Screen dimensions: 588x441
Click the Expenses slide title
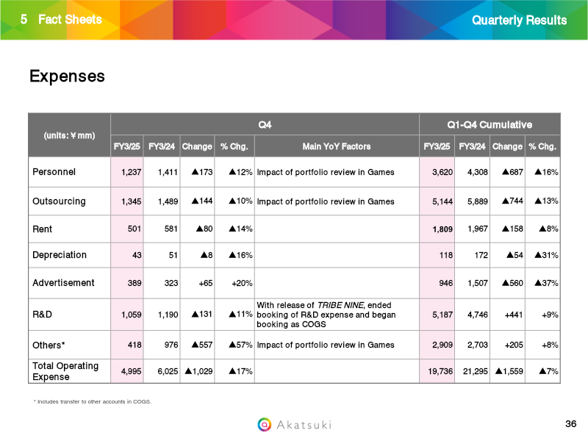(67, 76)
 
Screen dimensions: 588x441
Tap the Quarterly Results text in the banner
(520, 21)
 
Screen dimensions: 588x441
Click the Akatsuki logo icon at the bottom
(265, 425)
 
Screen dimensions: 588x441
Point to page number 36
(571, 424)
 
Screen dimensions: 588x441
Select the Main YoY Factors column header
(337, 146)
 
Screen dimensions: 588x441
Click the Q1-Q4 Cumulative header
(490, 125)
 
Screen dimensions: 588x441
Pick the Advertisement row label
(63, 283)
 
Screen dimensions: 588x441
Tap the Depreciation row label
(60, 255)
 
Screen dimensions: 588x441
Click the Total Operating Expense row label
(65, 371)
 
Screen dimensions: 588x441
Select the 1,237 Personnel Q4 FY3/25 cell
(132, 172)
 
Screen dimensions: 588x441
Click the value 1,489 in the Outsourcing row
(168, 201)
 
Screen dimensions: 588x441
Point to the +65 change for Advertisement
(206, 283)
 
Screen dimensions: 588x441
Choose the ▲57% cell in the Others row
(241, 345)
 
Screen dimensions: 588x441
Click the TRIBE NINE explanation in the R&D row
(326, 315)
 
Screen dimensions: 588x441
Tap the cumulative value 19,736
(440, 371)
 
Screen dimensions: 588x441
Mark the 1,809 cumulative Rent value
(442, 229)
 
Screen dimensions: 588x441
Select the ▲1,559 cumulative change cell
(509, 371)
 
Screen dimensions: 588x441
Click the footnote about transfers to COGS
(93, 401)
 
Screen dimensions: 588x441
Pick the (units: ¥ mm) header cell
(69, 135)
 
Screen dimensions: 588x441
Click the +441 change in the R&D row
(514, 315)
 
